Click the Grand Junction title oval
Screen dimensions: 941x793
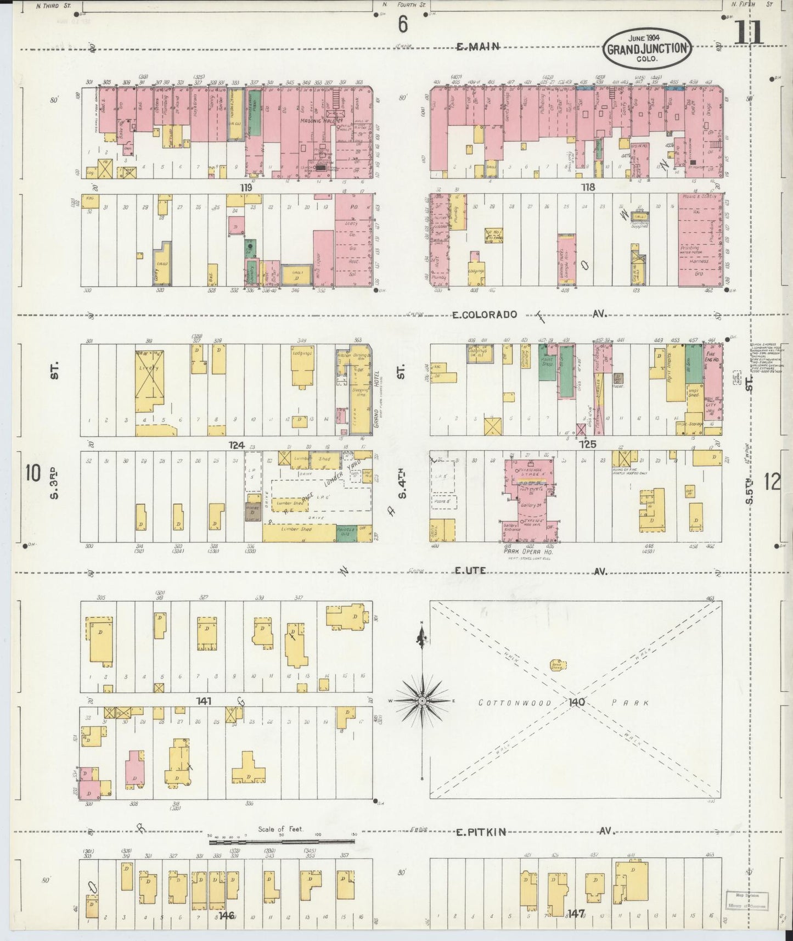[x=648, y=48]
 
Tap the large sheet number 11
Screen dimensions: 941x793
[x=748, y=32]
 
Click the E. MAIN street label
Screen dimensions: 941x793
[x=478, y=47]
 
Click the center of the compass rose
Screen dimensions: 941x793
[x=422, y=701]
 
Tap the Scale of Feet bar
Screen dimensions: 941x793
[x=282, y=841]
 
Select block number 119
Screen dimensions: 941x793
[x=245, y=187]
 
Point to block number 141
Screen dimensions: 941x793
[x=205, y=701]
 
